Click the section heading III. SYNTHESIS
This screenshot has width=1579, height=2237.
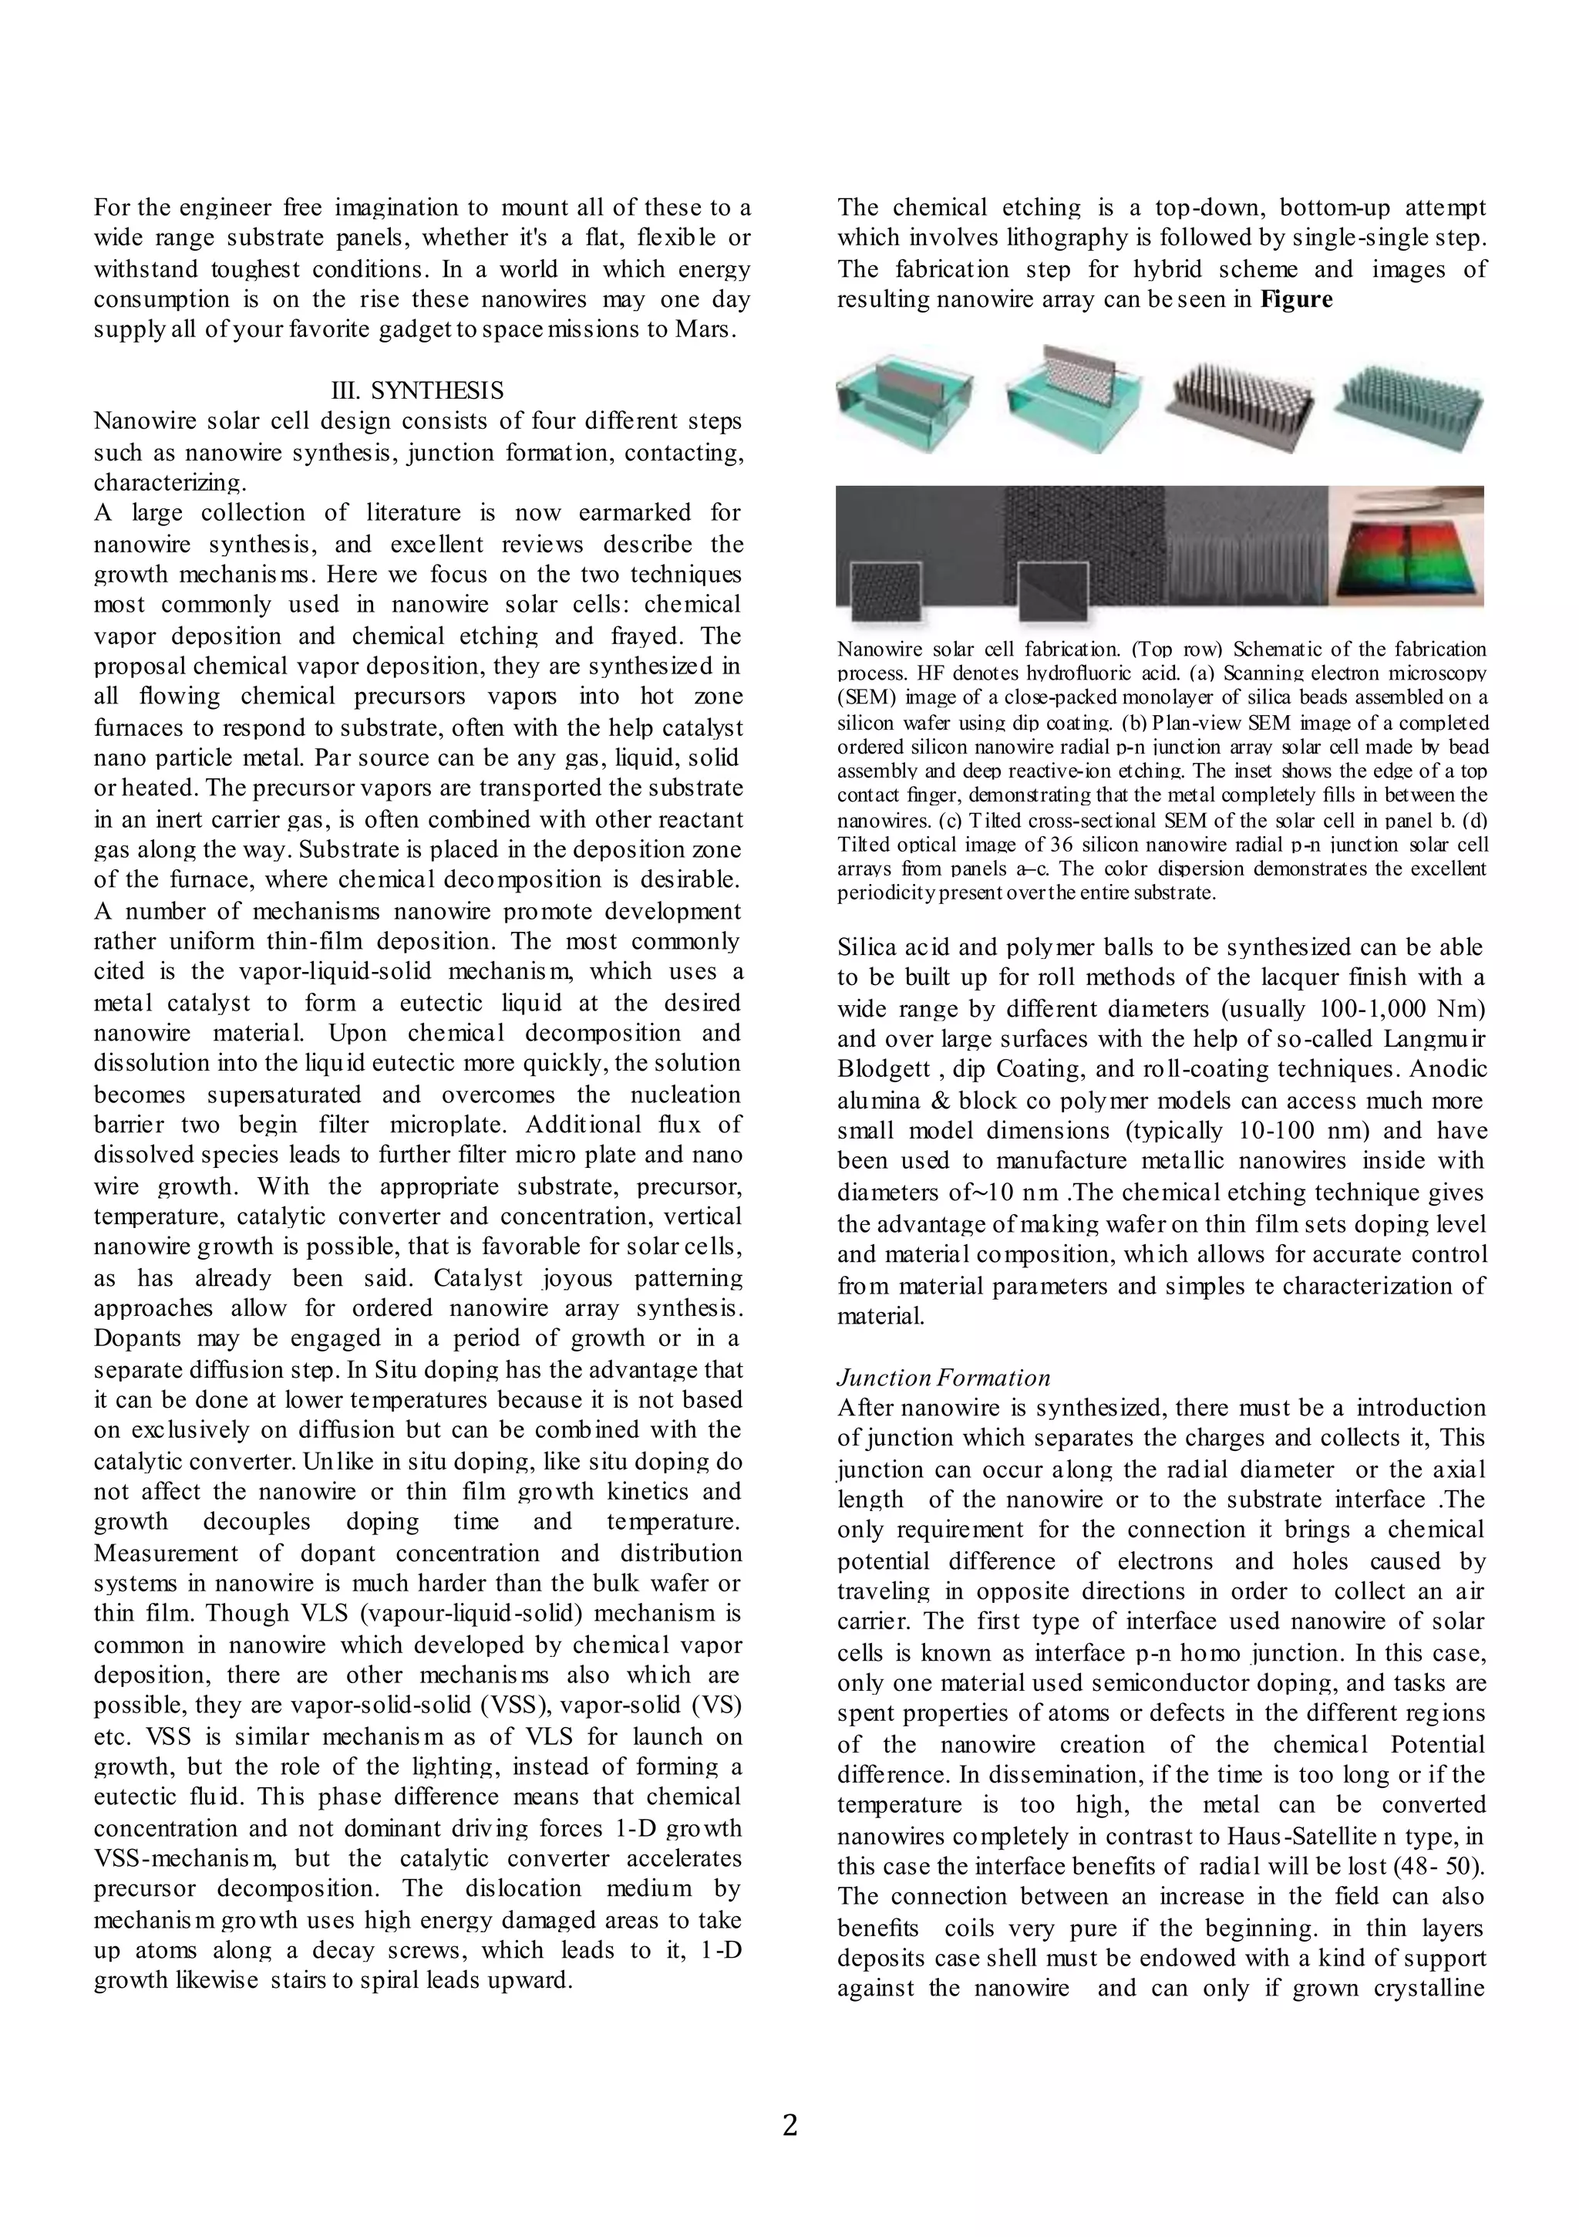pos(418,390)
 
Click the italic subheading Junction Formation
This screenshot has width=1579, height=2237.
pos(943,1377)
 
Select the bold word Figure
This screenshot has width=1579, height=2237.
pos(1295,299)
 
